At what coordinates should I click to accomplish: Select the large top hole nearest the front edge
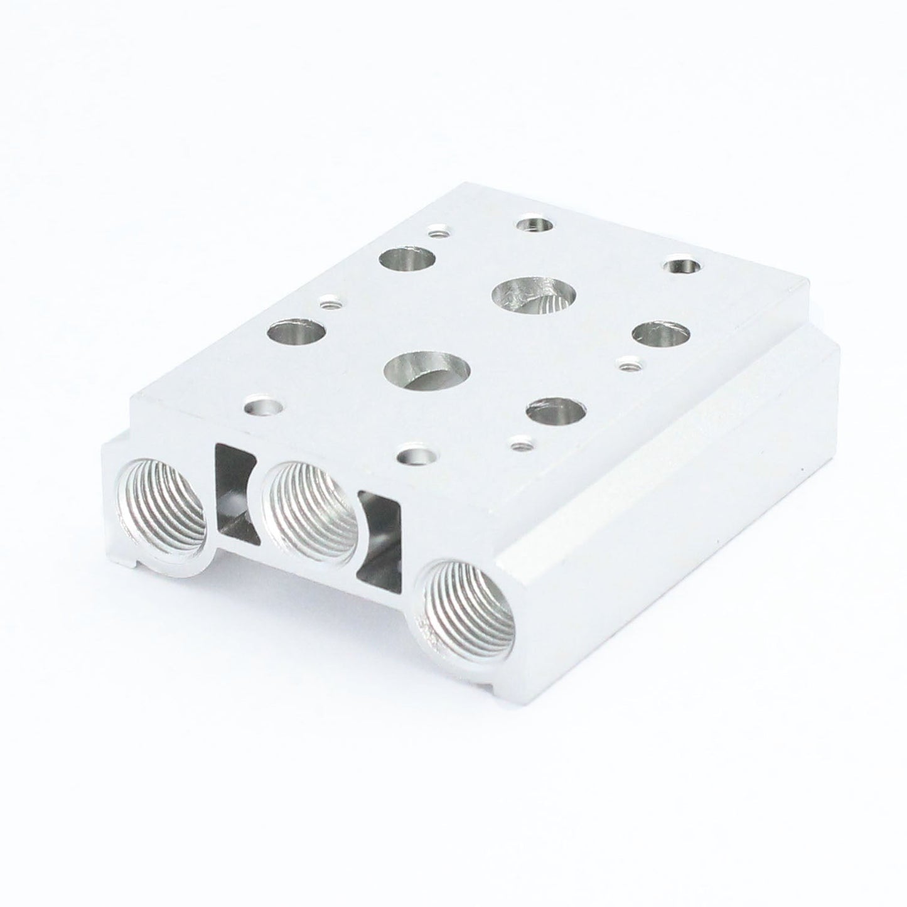point(429,370)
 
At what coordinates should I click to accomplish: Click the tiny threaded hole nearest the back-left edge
point(434,233)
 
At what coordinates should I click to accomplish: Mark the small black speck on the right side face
point(803,468)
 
